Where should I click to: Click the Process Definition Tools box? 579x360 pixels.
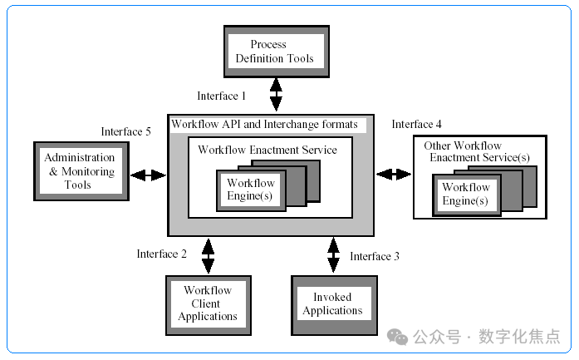(277, 52)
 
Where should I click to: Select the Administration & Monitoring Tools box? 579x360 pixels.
(81, 171)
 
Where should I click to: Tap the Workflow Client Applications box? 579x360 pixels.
(209, 305)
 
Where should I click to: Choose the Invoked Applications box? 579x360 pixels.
(334, 305)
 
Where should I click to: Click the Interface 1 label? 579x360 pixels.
(221, 96)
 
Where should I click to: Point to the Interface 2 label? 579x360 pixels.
(162, 254)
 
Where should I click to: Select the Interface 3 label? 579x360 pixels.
(375, 257)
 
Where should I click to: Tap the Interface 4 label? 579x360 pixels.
(416, 124)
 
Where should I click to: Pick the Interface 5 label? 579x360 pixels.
(126, 131)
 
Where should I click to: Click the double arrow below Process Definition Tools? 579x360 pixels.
(276, 95)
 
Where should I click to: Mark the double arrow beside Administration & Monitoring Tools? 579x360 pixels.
(148, 175)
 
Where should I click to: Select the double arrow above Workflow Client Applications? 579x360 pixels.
(208, 256)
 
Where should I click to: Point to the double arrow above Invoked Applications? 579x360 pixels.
(333, 255)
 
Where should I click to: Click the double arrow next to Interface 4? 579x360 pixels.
(394, 174)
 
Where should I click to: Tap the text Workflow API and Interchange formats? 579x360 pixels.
(264, 124)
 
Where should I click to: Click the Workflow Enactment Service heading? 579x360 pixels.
(267, 150)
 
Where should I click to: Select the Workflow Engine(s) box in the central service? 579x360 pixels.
(251, 190)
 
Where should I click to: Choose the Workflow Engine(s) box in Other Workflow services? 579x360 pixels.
(467, 195)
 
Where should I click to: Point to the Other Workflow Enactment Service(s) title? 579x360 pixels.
(477, 151)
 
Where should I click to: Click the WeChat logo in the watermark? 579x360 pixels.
(397, 337)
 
